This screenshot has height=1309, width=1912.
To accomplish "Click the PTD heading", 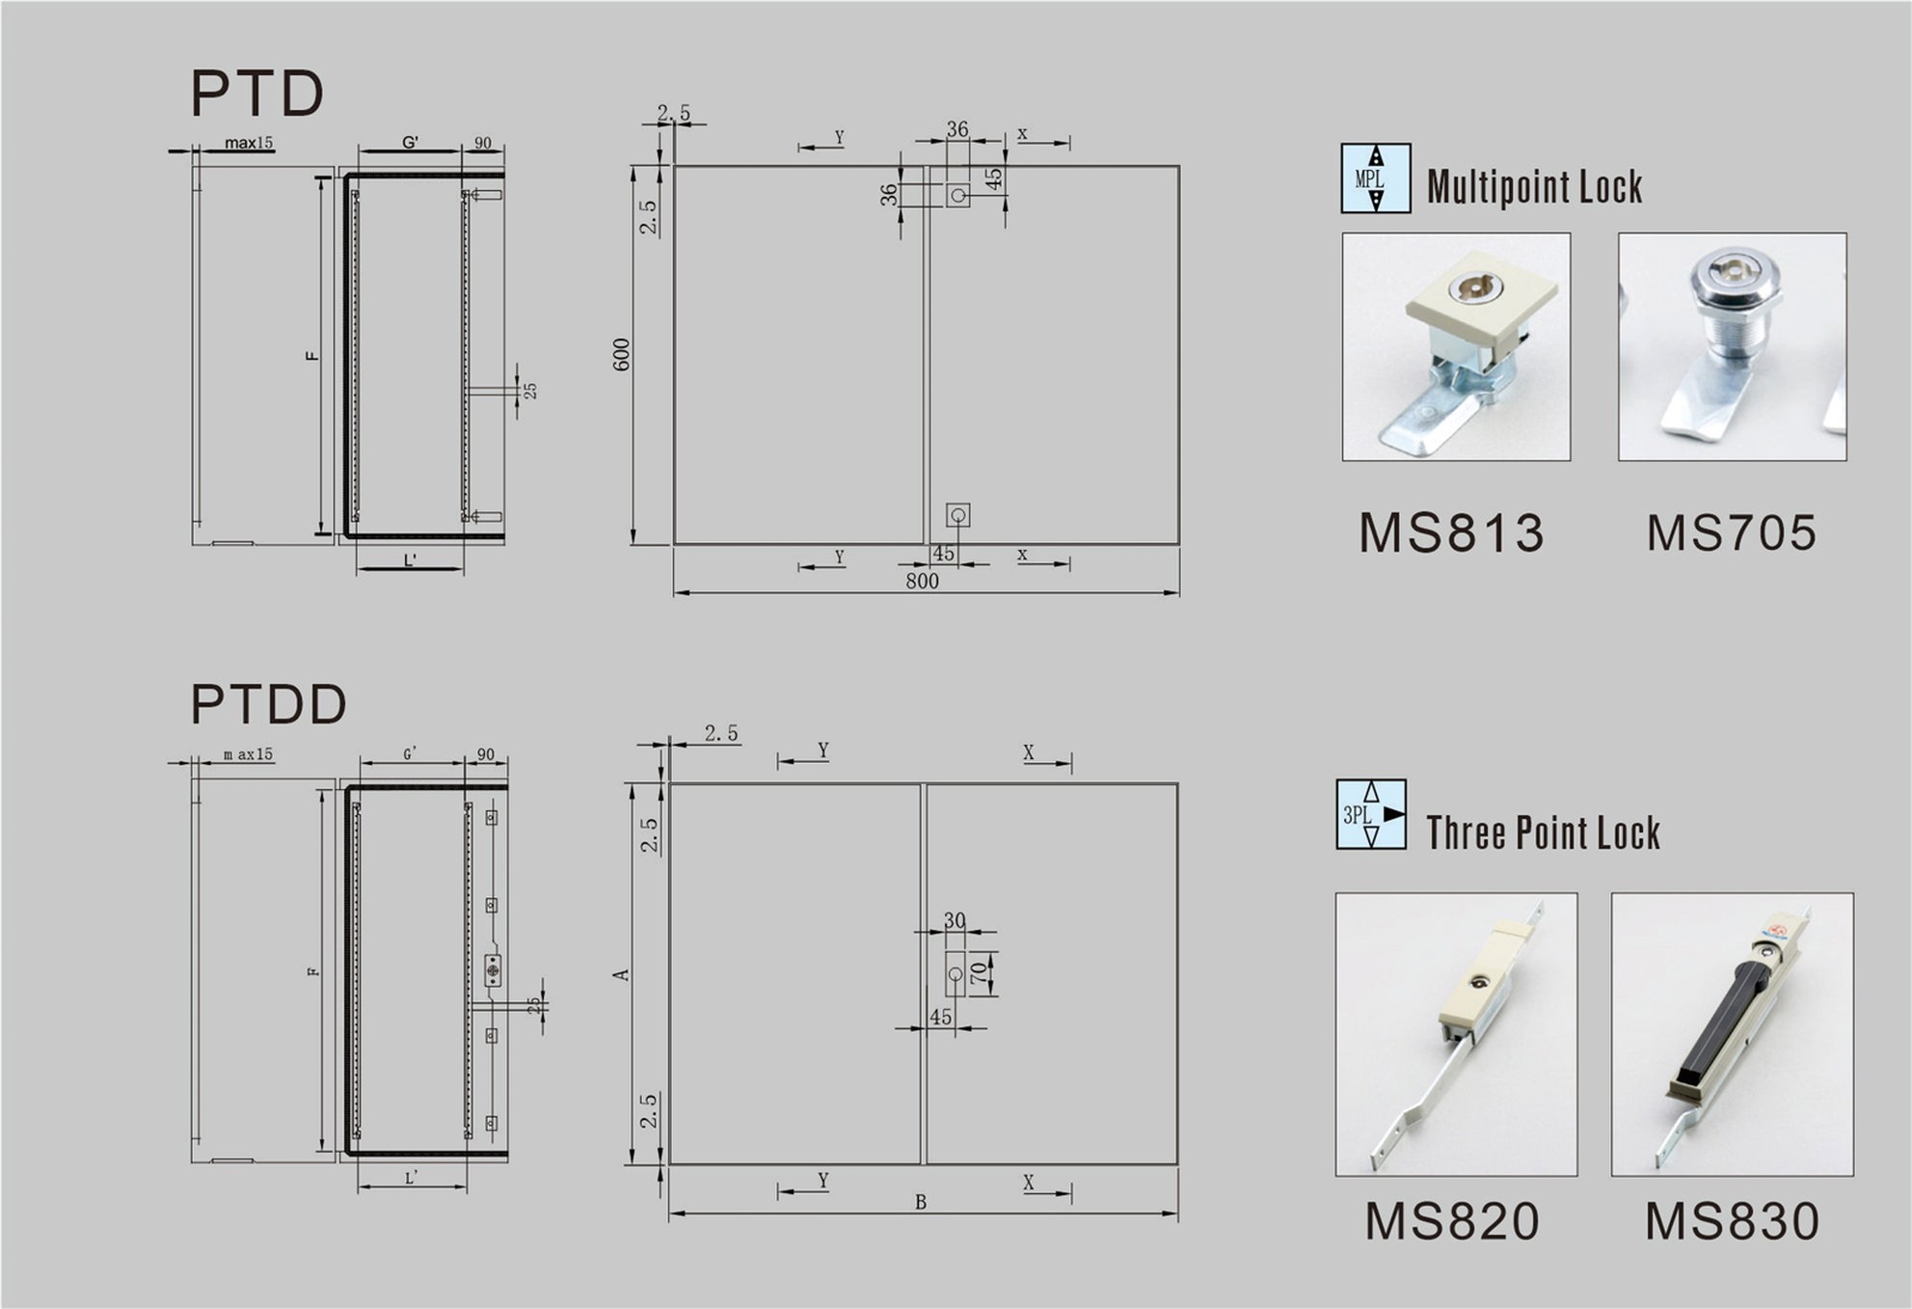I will pos(256,94).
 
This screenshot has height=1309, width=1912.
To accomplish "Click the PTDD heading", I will pos(268,704).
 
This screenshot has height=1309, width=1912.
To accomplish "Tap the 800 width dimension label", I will pos(922,581).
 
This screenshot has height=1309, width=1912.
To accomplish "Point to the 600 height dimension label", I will pos(621,354).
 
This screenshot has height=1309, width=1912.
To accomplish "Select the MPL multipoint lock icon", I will pos(1375,178).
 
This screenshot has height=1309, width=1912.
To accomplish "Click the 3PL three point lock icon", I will pos(1370,814).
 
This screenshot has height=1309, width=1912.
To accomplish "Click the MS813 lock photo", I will pos(1455,346).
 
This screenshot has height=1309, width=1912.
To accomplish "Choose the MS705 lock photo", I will pos(1732,346).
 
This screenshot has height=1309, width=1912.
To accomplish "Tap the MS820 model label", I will pos(1452,1221).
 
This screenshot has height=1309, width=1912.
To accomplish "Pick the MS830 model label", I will pos(1732,1221).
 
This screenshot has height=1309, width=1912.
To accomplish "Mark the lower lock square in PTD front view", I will pos(957,515).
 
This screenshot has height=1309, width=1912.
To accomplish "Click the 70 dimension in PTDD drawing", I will pos(980,972).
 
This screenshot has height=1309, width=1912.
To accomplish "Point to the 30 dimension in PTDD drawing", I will pos(955,919).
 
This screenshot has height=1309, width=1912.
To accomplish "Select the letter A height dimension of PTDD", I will pos(621,975).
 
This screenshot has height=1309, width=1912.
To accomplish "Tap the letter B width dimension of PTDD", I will pos(921,1202).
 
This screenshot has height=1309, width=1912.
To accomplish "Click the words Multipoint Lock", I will pos(1534,186).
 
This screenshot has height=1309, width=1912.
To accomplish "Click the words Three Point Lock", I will pos(1543,832).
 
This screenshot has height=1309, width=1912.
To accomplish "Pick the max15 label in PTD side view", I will pos(249,143).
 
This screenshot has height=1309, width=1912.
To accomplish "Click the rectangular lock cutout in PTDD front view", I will pos(955,974).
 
